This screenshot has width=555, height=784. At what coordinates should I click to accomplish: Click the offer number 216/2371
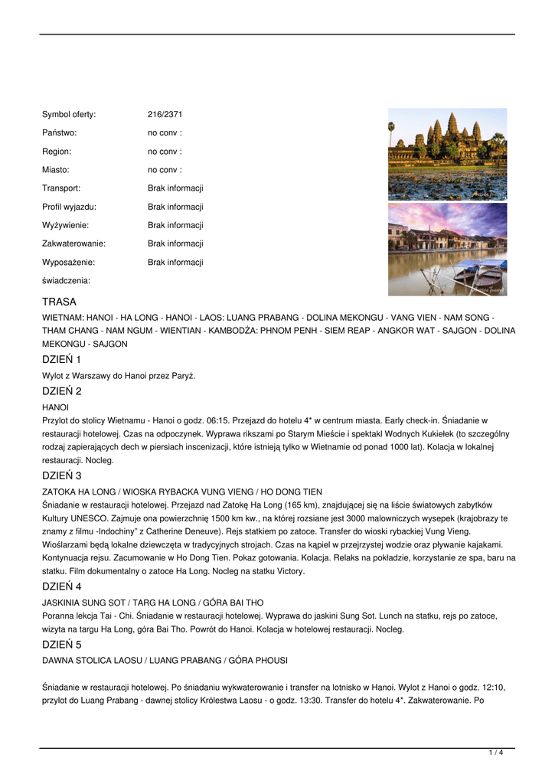click(165, 115)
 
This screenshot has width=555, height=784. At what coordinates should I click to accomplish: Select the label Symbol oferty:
click(69, 115)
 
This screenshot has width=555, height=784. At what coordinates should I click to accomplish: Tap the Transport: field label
click(61, 188)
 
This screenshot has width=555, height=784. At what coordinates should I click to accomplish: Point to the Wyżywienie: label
click(65, 225)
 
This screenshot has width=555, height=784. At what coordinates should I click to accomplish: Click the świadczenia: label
click(66, 280)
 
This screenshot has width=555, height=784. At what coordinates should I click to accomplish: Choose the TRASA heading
click(59, 302)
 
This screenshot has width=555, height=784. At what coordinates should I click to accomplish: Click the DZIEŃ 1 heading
click(61, 359)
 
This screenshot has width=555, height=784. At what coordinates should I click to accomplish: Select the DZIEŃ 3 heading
click(61, 475)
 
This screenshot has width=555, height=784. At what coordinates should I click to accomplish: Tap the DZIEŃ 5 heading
click(61, 644)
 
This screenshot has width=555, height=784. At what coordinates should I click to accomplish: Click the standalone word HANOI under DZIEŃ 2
click(55, 407)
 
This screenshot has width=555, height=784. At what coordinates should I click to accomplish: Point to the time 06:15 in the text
click(219, 420)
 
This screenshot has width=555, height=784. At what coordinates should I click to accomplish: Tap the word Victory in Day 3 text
click(290, 571)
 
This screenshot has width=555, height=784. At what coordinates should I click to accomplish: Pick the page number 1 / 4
click(495, 753)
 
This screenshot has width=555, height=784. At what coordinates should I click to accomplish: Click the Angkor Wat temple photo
click(447, 153)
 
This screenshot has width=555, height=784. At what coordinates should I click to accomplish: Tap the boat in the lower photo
click(479, 273)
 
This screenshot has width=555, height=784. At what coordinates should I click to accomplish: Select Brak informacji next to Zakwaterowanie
click(175, 243)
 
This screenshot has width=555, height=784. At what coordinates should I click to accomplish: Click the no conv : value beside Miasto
click(165, 170)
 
